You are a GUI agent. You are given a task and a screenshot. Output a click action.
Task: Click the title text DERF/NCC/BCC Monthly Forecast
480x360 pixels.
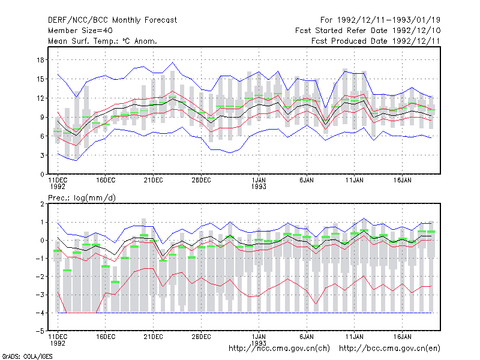coord(112,20)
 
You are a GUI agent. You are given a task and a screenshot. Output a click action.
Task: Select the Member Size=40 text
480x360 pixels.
coord(80,31)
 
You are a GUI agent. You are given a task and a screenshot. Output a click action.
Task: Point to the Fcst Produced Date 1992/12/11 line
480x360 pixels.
coord(376,41)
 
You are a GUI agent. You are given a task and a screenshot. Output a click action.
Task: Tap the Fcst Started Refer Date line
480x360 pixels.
coord(368,31)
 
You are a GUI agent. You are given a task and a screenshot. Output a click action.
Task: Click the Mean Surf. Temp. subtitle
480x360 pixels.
coord(102,41)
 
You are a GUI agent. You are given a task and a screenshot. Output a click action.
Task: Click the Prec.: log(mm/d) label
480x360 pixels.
coord(82,198)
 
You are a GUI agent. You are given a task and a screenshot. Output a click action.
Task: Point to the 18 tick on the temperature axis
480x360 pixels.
coord(40,60)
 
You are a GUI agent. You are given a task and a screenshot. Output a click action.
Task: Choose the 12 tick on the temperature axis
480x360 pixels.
coord(40,98)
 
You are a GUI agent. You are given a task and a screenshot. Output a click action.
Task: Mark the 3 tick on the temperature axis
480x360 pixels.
coord(42,155)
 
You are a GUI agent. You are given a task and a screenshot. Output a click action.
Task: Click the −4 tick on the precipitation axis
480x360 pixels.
coord(40,313)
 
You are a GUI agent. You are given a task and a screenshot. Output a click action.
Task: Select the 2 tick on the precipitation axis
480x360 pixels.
coord(42,204)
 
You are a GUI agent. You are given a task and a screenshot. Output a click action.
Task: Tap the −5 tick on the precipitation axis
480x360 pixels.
coord(40,331)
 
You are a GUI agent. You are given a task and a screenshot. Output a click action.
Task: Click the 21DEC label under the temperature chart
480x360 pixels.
coord(154,181)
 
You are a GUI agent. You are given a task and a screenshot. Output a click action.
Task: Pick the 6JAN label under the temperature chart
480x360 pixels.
coord(307,181)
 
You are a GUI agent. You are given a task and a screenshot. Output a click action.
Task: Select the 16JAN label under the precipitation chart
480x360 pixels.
coord(402,337)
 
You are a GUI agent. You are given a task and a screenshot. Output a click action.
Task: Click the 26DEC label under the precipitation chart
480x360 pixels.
coord(201,337)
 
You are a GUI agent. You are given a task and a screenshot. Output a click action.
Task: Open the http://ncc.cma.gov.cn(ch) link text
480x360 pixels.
coord(279,349)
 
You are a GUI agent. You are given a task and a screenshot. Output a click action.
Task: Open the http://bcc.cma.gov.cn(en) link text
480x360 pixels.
coord(389,349)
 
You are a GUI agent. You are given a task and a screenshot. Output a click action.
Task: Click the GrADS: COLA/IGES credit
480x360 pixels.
coord(27,356)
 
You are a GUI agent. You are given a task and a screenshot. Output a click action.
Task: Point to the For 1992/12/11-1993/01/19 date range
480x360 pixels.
coord(380,20)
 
